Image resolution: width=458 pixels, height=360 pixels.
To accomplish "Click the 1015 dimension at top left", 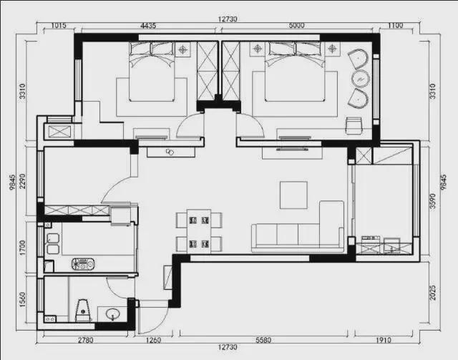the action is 59,26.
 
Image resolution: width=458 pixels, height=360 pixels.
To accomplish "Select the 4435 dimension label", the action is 148,26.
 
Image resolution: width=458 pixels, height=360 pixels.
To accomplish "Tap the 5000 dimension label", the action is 296,26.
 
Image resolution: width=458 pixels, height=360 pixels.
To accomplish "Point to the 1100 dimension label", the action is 395,26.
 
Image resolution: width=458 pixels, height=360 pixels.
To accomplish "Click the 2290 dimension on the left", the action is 22,181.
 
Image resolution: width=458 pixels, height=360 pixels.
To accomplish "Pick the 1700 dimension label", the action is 22,248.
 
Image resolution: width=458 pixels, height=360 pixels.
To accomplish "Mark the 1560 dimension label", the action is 22,300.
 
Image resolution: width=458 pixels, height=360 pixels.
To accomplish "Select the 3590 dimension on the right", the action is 432,201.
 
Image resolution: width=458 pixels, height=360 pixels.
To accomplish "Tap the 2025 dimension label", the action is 432,293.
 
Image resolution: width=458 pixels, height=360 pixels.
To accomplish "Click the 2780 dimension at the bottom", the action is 86,340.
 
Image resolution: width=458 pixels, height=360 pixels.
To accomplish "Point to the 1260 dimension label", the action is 153,340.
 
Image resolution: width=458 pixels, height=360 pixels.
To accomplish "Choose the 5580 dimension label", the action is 263,340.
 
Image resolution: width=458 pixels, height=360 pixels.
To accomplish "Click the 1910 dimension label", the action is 384,340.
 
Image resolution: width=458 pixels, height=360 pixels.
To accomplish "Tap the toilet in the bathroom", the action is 83,311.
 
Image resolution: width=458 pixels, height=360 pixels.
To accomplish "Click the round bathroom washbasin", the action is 113,314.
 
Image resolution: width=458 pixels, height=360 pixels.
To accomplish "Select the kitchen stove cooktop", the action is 83,264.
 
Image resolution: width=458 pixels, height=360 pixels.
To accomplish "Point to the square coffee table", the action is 293,195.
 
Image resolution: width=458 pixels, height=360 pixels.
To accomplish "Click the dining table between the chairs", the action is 199,231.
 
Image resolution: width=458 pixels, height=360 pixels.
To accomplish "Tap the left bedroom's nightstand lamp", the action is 183,49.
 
